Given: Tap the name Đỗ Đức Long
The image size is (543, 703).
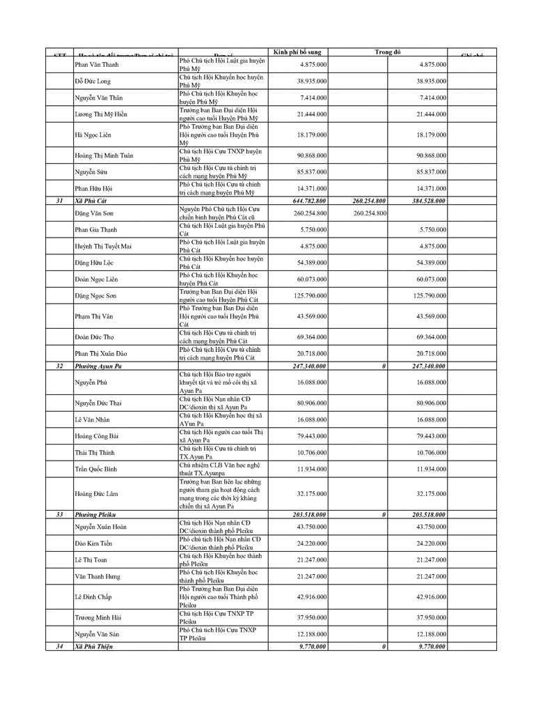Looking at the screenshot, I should click(x=93, y=82).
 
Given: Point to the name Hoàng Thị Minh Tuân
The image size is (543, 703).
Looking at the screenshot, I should click(x=104, y=155).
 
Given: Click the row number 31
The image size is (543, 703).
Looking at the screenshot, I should click(x=60, y=201).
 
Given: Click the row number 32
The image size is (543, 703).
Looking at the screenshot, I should click(x=60, y=366).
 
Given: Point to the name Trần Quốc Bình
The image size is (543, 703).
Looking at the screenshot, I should click(x=96, y=470).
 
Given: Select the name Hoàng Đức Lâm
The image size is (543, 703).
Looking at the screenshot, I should click(x=97, y=494).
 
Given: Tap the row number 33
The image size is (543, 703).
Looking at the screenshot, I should click(x=60, y=514).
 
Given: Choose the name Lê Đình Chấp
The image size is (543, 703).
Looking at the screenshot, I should click(x=93, y=597).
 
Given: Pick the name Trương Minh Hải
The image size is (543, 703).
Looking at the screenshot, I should click(x=99, y=617).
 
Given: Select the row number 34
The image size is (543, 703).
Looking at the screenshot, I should click(x=60, y=647).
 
